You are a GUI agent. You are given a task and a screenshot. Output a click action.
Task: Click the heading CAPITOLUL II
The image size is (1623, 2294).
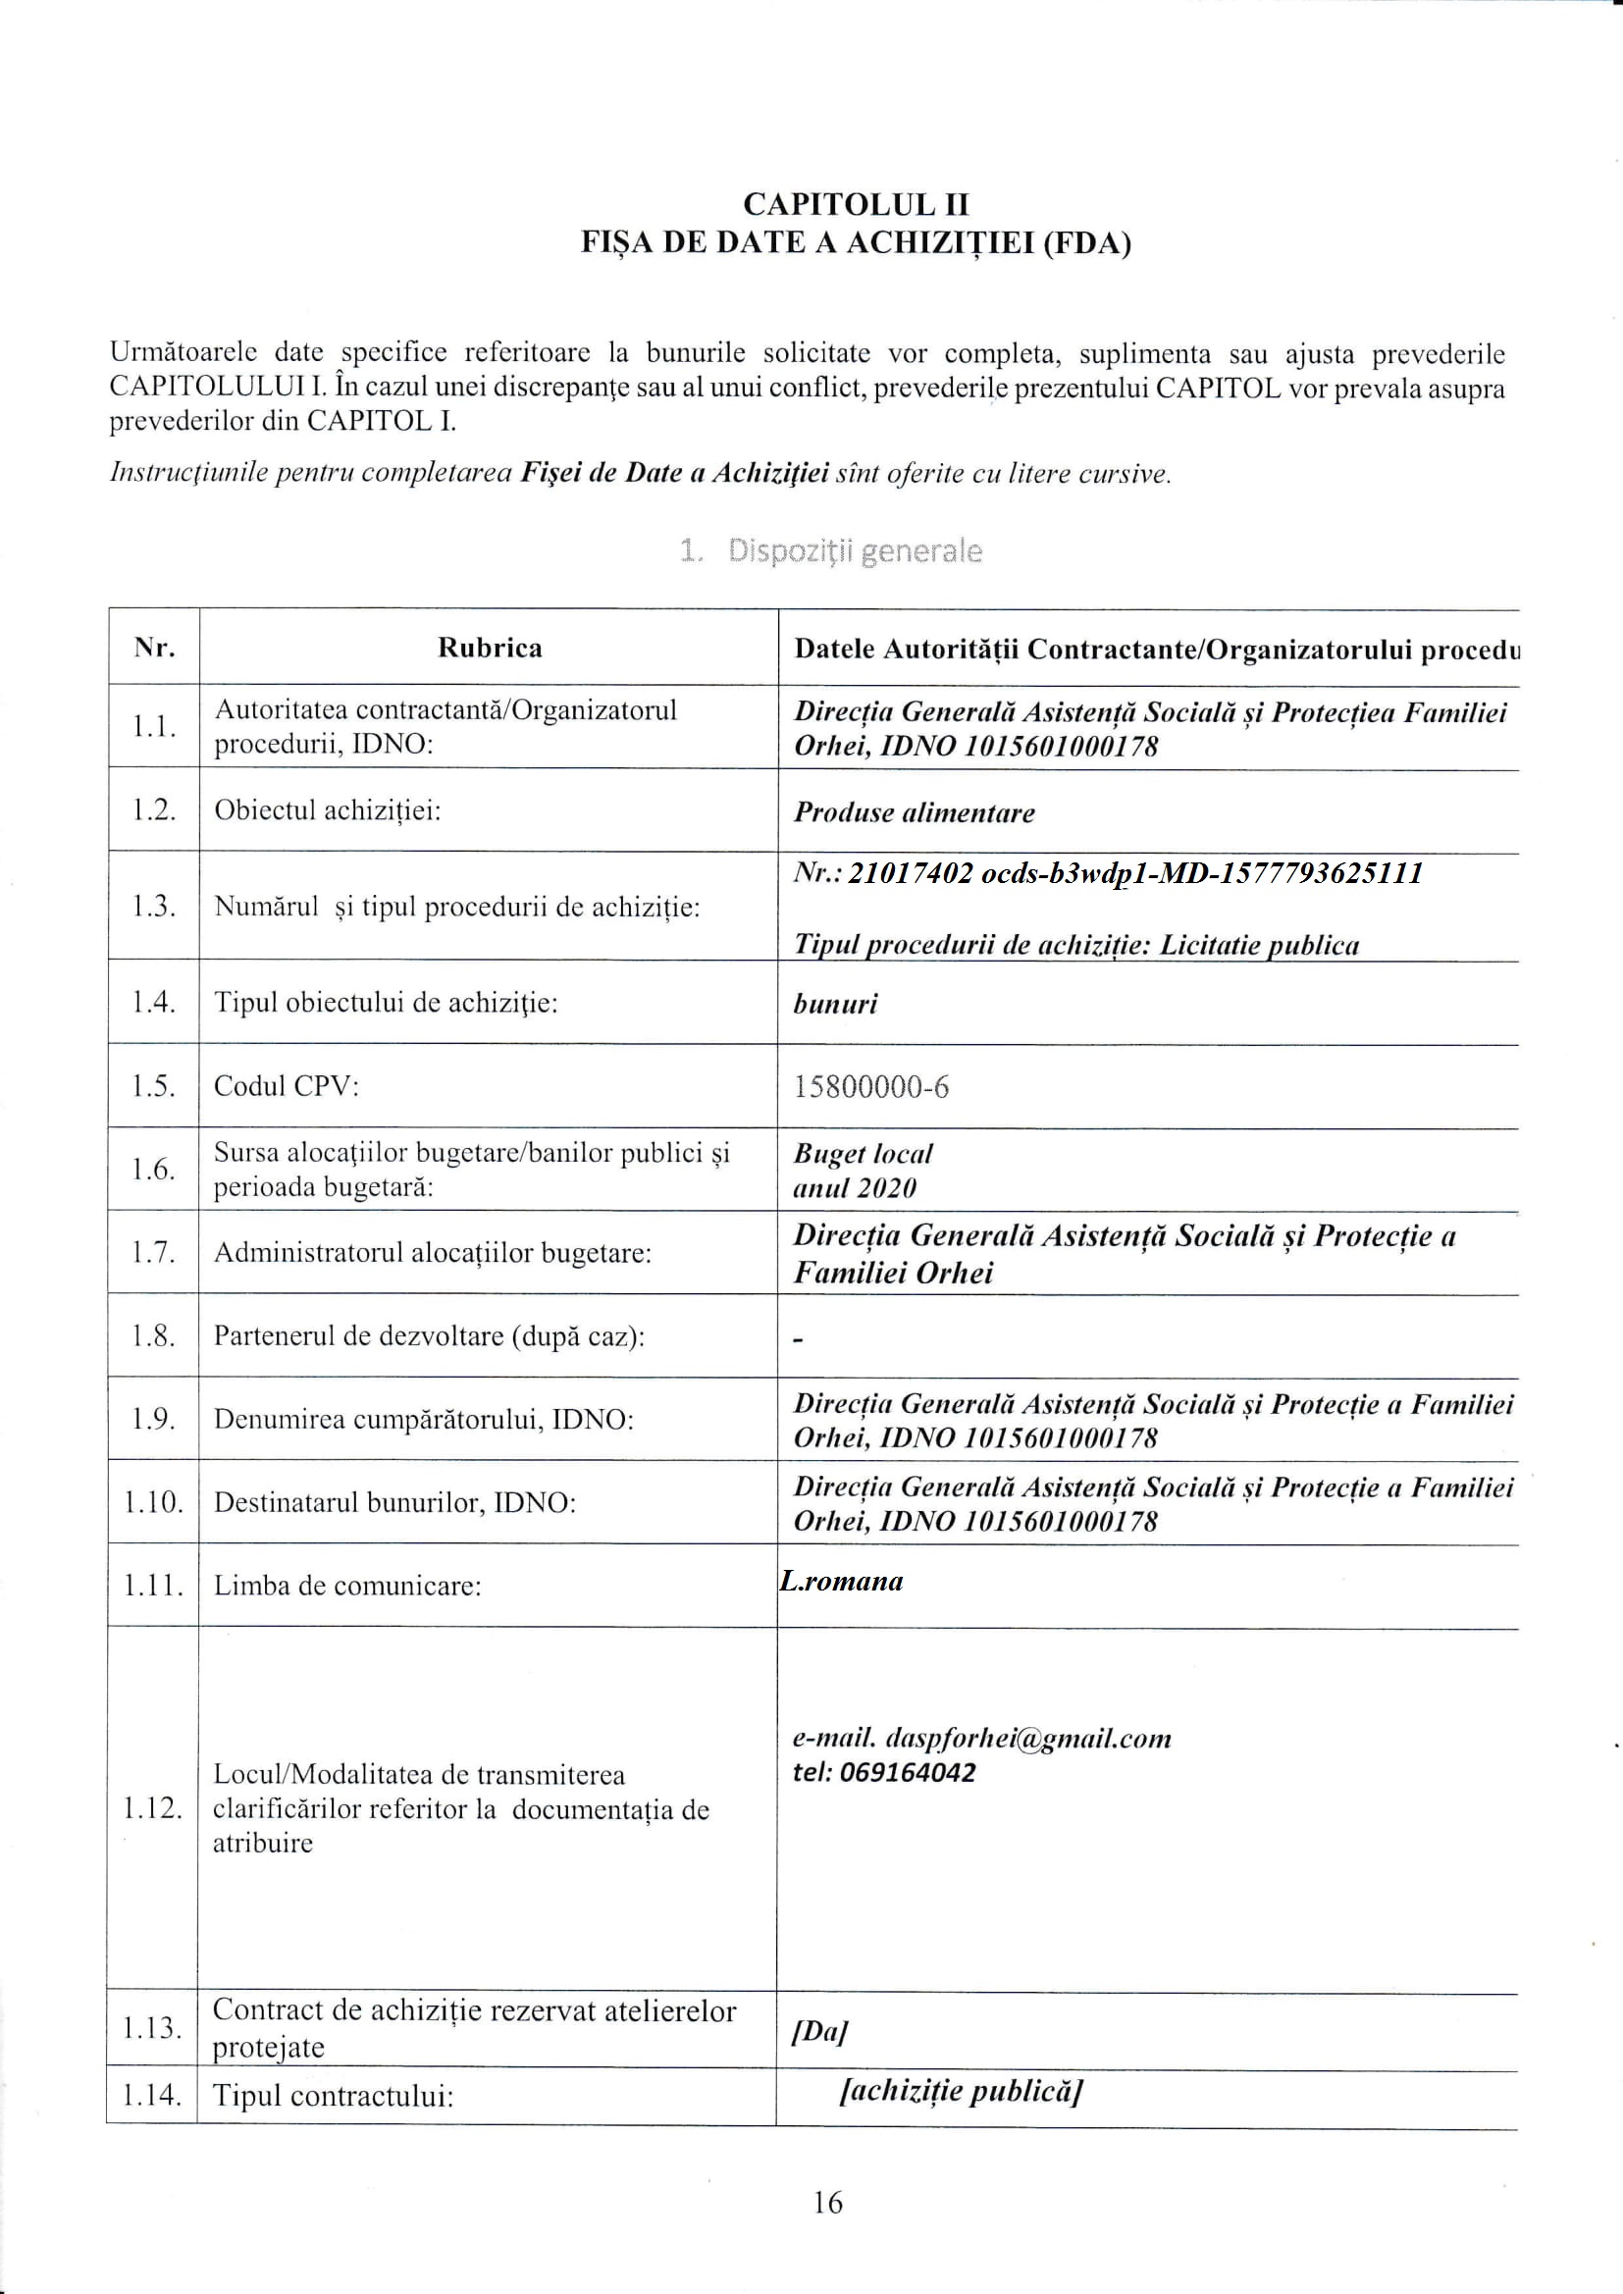pyautogui.click(x=856, y=204)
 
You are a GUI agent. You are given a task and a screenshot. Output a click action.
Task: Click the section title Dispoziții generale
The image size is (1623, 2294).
pyautogui.click(x=830, y=550)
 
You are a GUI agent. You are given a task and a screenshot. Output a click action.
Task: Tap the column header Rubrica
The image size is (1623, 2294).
pyautogui.click(x=490, y=648)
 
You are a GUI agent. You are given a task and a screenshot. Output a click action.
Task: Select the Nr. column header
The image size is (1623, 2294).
pyautogui.click(x=155, y=648)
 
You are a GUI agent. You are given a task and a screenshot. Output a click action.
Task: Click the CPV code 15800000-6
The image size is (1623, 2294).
pyautogui.click(x=870, y=1086)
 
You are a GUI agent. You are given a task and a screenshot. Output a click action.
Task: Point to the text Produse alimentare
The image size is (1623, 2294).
pyautogui.click(x=914, y=812)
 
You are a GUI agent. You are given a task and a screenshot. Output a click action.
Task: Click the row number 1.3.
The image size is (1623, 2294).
pyautogui.click(x=154, y=907)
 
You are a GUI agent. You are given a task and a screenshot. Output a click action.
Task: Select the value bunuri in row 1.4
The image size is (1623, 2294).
pyautogui.click(x=834, y=1003)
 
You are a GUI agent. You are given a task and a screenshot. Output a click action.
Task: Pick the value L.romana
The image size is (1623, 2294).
pyautogui.click(x=842, y=1581)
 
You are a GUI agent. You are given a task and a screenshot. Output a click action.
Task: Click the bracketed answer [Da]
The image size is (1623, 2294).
pyautogui.click(x=819, y=2031)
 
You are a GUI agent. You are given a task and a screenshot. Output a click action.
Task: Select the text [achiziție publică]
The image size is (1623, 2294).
pyautogui.click(x=962, y=2091)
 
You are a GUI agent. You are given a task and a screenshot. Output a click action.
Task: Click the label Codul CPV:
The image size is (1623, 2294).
pyautogui.click(x=286, y=1085)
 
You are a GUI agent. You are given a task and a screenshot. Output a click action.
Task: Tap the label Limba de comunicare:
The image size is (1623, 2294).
pyautogui.click(x=346, y=1586)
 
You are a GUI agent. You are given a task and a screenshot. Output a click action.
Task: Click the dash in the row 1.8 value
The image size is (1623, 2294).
pyautogui.click(x=798, y=1339)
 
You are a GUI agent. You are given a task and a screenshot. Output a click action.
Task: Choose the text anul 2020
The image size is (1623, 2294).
pyautogui.click(x=855, y=1188)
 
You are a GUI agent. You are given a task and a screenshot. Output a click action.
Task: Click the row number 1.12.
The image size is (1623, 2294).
pyautogui.click(x=153, y=1807)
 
